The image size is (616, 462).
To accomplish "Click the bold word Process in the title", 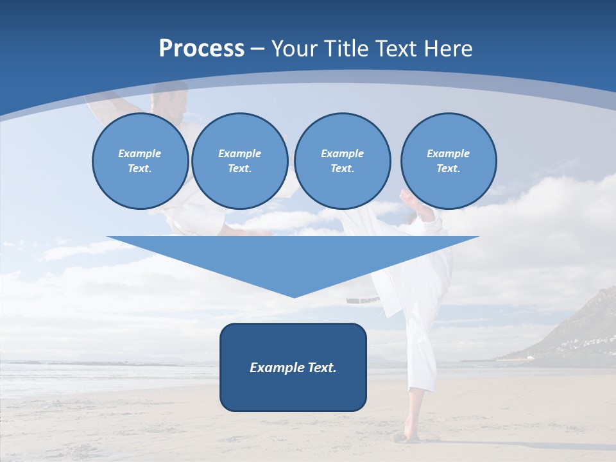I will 201,49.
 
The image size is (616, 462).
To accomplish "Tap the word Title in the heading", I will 345,49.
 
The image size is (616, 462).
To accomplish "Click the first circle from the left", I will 140,161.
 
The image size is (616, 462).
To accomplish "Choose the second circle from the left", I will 239,161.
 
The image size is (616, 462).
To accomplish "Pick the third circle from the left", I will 342,161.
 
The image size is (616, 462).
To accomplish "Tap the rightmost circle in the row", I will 449,161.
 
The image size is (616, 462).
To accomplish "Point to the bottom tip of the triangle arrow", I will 294,296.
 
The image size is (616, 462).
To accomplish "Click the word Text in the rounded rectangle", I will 320,368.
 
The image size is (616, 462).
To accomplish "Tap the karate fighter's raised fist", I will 406,195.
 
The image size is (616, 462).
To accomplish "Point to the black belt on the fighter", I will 363,300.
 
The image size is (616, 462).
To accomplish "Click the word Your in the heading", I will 295,49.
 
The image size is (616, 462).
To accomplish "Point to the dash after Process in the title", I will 258,49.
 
